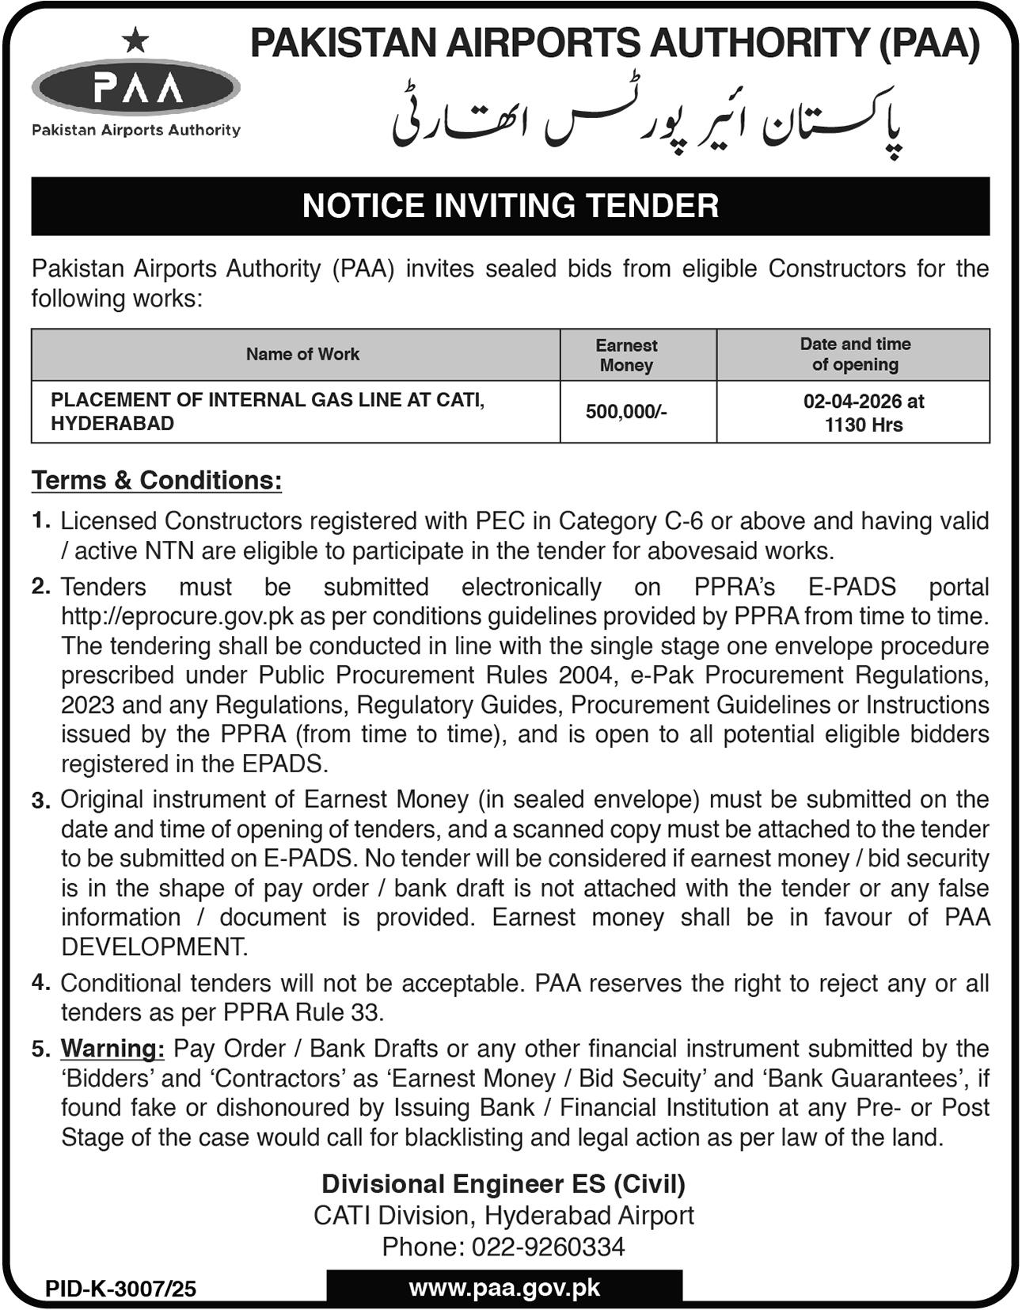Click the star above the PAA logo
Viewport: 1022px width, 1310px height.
tap(136, 39)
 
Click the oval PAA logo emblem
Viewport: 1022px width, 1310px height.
tap(136, 87)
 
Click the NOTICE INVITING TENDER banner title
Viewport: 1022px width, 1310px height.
tap(511, 206)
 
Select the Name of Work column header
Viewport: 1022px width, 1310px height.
tap(302, 354)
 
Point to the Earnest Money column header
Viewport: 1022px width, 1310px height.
tap(626, 355)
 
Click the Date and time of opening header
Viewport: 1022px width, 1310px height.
tap(855, 354)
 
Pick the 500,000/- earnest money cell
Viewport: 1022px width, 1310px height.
tap(626, 412)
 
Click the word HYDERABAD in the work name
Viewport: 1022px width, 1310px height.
tap(112, 424)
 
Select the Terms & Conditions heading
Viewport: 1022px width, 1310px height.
tap(157, 480)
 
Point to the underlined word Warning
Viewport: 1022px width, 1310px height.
tap(112, 1049)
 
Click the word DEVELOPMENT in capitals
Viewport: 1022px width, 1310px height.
tap(154, 946)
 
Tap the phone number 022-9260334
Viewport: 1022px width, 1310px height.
tap(548, 1247)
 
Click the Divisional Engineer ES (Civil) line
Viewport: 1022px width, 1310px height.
tap(503, 1184)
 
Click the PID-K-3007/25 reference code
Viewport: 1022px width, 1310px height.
tap(120, 1289)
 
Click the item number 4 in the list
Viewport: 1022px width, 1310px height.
tap(40, 983)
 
